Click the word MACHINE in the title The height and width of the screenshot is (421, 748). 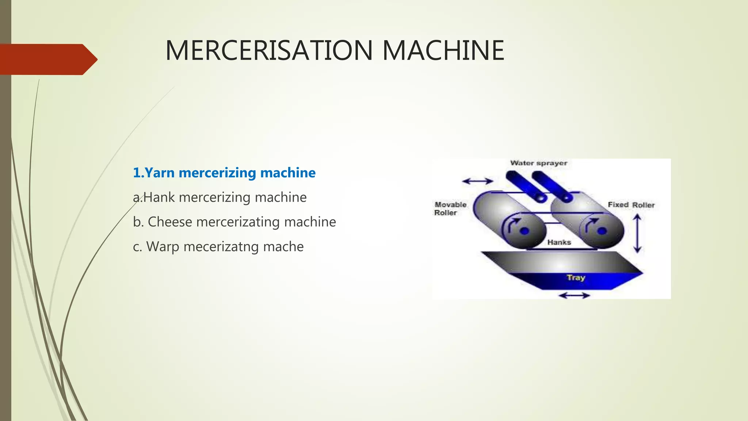click(443, 50)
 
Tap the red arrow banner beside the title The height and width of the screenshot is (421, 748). click(47, 59)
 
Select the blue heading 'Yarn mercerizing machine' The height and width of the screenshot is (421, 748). click(224, 173)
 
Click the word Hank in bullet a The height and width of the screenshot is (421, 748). click(159, 197)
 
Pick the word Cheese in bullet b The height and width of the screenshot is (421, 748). click(170, 222)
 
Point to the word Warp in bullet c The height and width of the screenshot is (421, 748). click(163, 247)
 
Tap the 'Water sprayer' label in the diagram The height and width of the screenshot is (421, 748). click(539, 163)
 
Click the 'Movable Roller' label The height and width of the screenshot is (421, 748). click(450, 209)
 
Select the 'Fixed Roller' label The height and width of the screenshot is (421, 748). click(631, 205)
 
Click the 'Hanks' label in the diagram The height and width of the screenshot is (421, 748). click(559, 242)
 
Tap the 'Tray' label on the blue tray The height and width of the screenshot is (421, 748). click(576, 278)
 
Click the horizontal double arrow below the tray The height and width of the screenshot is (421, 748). click(574, 295)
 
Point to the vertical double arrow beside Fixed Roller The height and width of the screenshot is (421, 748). click(637, 233)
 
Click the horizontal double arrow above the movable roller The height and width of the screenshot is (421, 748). click(477, 181)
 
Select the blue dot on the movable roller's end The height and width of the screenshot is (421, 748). click(524, 231)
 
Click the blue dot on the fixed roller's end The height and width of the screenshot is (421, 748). click(602, 231)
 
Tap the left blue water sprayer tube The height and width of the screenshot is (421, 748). click(526, 186)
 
